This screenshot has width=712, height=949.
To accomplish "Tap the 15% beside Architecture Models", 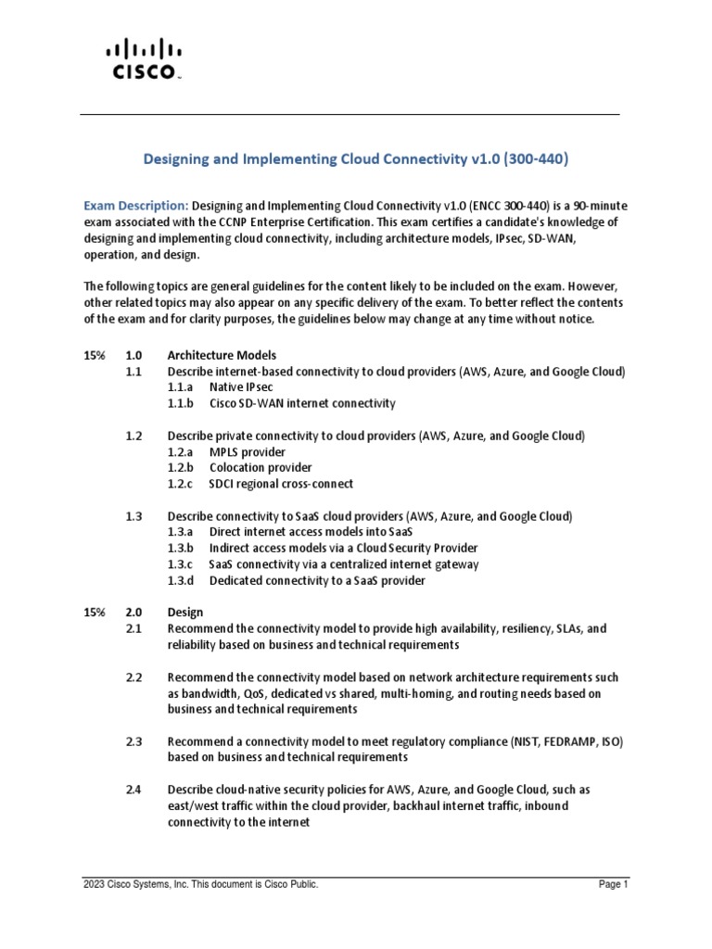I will point(94,355).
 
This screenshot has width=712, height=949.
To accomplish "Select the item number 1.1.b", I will point(181,403).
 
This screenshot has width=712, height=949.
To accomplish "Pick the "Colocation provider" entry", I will point(261,467).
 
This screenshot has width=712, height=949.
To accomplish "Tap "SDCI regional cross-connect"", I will point(281,484).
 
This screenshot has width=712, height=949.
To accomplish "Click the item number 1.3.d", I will point(181,580).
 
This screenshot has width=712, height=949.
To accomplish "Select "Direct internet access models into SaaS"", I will point(311,532).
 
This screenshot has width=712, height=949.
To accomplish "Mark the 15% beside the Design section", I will point(94,613).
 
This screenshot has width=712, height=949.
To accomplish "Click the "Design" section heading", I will point(184,613).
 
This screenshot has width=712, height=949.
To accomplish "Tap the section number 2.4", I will point(133,790).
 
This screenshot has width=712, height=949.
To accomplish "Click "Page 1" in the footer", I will point(613,885).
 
